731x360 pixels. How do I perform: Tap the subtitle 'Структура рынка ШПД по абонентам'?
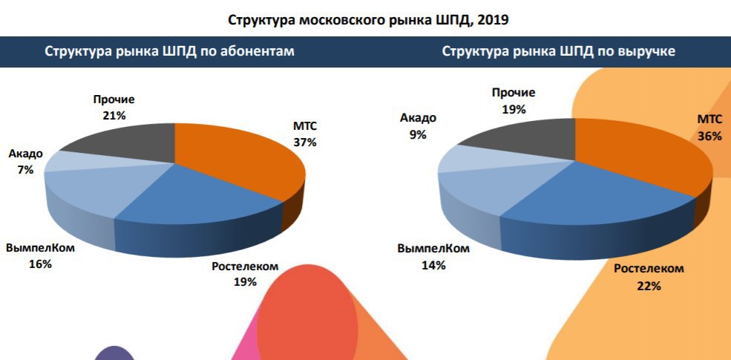170,52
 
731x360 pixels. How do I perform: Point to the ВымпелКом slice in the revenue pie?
482,193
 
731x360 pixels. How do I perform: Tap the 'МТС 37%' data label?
305,134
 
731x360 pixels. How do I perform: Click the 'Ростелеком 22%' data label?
648,276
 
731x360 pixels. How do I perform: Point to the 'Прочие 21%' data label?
114,107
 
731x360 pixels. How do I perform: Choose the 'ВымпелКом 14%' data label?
433,256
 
